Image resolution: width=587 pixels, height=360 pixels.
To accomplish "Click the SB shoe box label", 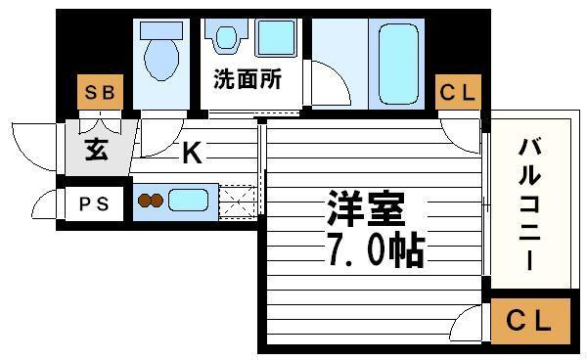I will point(100,94).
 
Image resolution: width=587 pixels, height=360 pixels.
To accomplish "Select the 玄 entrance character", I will point(97,152).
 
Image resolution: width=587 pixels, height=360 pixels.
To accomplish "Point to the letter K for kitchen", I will point(191,153).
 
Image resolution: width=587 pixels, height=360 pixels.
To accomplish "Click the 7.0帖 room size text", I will point(369,251).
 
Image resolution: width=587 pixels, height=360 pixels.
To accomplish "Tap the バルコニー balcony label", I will point(529,205).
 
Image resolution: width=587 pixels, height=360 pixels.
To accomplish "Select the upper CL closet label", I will point(457,94).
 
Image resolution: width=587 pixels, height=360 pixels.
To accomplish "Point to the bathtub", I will point(396,65).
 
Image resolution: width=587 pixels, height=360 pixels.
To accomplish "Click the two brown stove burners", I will point(150,202).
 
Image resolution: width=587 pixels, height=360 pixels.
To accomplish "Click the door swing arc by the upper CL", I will point(457,128).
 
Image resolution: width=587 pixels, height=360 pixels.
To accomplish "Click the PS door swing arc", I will point(44,205).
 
